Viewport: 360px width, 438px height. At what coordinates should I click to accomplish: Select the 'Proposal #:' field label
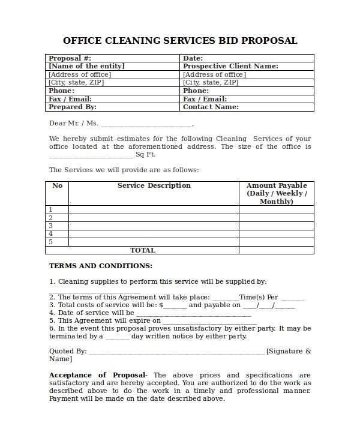click(69, 58)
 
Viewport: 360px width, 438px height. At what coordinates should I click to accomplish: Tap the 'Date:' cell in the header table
click(193, 58)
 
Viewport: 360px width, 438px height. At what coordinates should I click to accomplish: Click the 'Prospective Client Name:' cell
click(230, 67)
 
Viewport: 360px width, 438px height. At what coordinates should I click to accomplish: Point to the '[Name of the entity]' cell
click(86, 67)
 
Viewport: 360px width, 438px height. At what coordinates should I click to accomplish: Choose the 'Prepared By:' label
click(72, 107)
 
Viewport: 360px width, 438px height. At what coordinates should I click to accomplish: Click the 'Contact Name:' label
click(211, 107)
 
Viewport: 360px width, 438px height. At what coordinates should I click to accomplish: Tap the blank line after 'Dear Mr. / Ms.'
click(146, 124)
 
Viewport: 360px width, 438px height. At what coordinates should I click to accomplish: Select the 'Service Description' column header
click(154, 186)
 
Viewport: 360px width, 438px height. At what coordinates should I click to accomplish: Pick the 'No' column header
click(58, 186)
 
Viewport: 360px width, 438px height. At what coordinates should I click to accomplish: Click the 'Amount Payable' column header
click(277, 186)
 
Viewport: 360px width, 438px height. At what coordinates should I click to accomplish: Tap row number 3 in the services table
click(50, 226)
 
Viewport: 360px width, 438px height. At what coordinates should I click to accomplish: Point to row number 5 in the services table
click(50, 242)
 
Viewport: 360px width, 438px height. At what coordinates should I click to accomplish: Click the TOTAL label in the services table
click(143, 250)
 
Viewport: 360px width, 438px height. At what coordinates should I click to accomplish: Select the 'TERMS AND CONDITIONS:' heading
click(100, 266)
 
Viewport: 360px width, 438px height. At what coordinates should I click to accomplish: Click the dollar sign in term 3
click(161, 305)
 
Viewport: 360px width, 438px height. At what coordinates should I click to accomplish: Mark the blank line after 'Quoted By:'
click(176, 352)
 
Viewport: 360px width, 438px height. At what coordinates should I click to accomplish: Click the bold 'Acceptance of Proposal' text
click(97, 375)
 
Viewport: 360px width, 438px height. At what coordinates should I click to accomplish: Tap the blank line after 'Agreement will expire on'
click(210, 321)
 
